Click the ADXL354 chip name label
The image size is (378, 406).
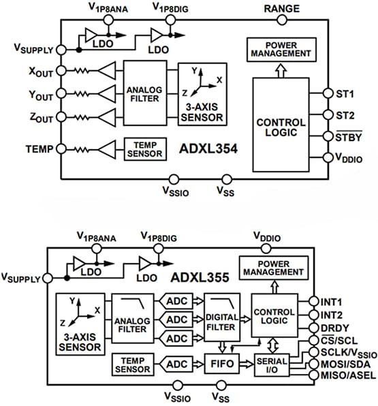point(207,147)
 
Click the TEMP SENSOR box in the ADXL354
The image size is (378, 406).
point(144,149)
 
